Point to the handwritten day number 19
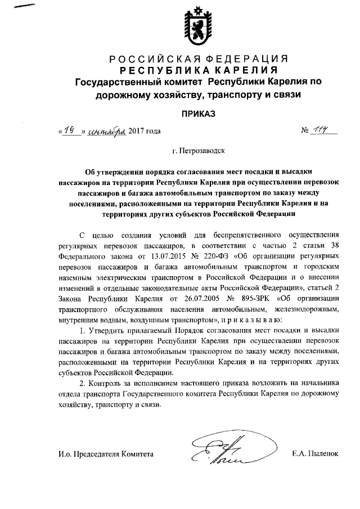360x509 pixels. click(x=70, y=131)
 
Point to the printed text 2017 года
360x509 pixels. click(x=145, y=132)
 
